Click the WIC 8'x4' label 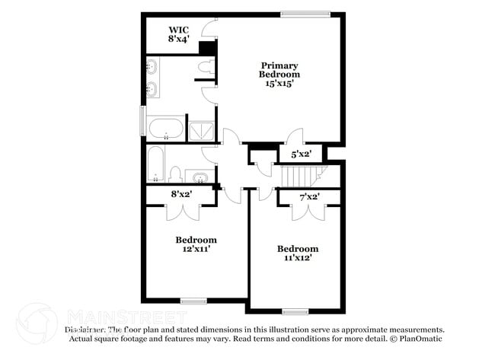pos(179,33)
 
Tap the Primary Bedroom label pos(279,75)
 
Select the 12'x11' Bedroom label pos(196,243)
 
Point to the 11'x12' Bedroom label pos(297,253)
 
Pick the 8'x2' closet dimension pos(180,194)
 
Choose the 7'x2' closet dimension pos(308,197)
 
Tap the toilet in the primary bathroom pos(204,69)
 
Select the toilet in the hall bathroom pos(174,175)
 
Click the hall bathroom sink pos(200,178)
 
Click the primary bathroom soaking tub pos(164,129)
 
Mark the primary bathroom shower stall pos(202,129)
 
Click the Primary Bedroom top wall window pos(305,13)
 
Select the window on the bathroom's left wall pos(142,121)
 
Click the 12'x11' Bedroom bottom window pos(193,301)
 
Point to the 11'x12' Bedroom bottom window pos(294,311)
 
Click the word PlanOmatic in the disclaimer pos(420,339)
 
